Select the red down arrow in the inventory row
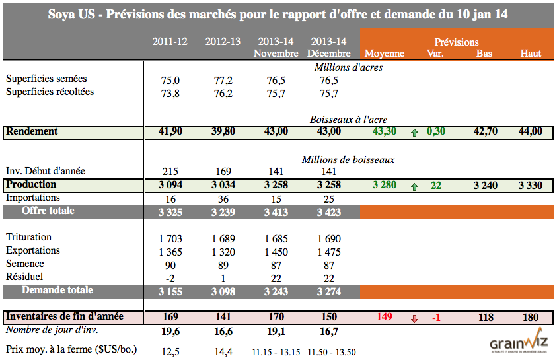(415, 318)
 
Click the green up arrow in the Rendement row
(415, 132)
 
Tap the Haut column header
(531, 53)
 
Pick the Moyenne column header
(384, 53)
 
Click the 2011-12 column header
(170, 41)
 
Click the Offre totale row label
(48, 211)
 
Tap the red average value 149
(385, 317)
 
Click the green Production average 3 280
(384, 185)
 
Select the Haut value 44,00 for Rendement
(530, 131)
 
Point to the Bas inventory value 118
(486, 317)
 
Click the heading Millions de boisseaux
(348, 159)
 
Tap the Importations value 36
(222, 198)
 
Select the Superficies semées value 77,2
(222, 80)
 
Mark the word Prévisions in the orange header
(457, 42)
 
